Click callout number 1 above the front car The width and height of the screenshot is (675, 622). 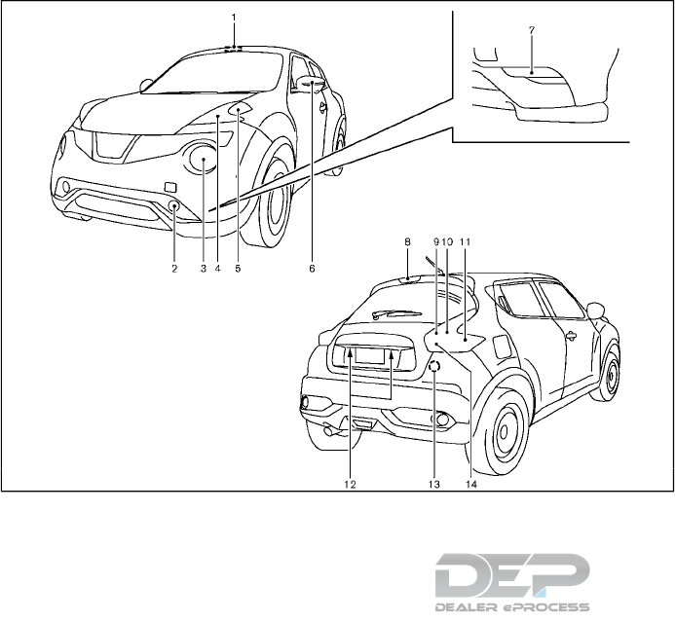pos(234,17)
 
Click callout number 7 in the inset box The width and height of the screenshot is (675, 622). pos(530,30)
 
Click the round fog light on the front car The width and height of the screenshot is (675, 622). pos(173,206)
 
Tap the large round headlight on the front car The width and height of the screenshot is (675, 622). pos(203,158)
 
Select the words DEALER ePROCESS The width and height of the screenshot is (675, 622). pos(511,605)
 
